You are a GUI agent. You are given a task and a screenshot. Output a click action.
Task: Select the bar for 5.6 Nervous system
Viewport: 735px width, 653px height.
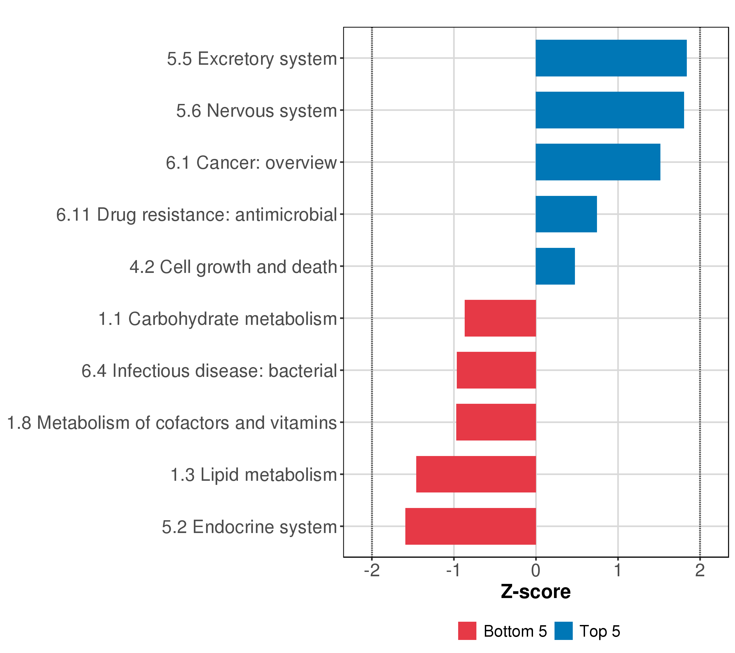pos(610,110)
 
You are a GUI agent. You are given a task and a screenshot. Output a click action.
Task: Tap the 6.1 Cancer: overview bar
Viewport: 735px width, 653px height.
pos(598,162)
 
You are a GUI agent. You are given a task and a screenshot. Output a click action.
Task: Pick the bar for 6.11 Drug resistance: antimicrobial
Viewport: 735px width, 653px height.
pos(566,214)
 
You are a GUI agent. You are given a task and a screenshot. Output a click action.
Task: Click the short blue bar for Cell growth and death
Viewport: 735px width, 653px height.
pos(555,266)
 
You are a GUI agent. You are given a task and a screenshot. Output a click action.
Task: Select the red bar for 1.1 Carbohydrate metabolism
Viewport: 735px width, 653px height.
pos(500,318)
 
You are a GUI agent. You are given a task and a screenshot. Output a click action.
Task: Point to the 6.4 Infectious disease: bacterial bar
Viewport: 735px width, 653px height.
pos(496,370)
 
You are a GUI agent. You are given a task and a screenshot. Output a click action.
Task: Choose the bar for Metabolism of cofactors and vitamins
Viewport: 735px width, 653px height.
pos(496,422)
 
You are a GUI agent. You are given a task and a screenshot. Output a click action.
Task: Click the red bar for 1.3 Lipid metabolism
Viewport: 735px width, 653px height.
pos(476,475)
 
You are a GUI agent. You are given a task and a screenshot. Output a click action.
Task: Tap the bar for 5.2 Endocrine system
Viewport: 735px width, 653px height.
pos(471,526)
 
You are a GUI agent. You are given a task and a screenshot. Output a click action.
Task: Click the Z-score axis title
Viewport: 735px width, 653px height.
pos(536,592)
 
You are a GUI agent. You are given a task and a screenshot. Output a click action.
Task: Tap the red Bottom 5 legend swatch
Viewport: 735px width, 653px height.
pos(467,631)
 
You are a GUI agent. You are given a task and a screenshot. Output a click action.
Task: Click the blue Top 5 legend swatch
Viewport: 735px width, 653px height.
pos(563,631)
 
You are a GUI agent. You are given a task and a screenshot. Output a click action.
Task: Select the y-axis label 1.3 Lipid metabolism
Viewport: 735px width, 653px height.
pos(253,475)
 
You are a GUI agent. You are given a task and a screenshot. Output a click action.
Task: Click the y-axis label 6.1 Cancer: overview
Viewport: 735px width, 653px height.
pos(251,163)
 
